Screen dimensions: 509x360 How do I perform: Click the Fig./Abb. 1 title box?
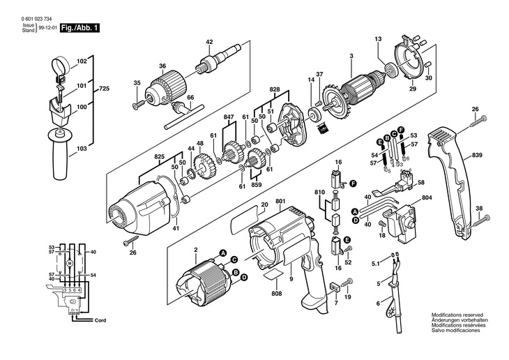80,28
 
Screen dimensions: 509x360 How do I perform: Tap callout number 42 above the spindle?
209,42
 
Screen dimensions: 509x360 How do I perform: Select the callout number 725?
104,89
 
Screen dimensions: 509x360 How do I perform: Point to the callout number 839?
477,155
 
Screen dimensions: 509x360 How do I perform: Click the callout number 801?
280,201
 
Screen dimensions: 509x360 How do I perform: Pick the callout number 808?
277,294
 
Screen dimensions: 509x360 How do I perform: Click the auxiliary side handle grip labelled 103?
61,153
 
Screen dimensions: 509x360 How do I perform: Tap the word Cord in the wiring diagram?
100,320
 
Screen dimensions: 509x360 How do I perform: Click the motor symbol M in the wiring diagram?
70,263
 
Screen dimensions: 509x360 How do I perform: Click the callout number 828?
274,89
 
